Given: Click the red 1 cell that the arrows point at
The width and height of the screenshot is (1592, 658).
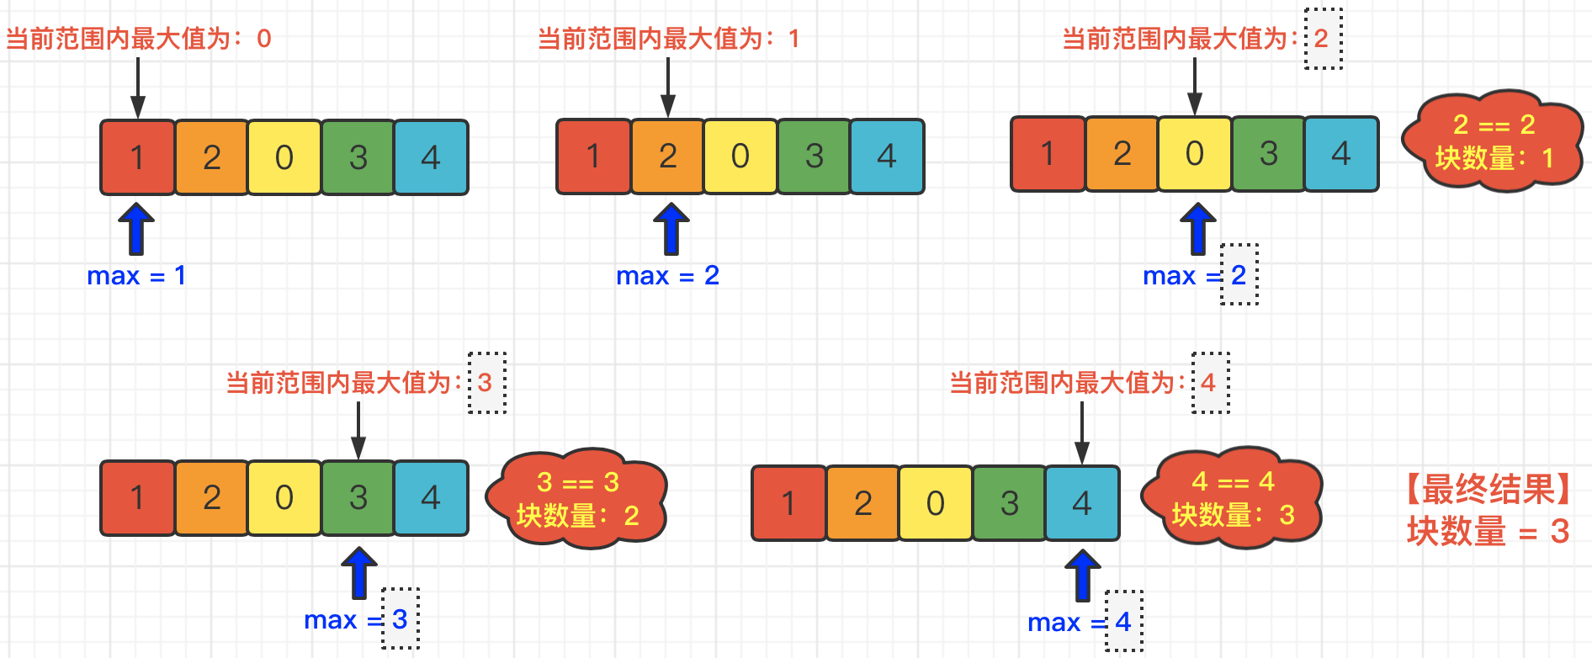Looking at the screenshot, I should [138, 157].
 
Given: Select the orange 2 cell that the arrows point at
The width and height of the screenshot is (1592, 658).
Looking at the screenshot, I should [668, 157].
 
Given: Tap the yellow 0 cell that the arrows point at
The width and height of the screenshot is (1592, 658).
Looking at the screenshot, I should [1195, 154].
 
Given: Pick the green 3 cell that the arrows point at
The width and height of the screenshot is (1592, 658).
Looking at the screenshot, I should [358, 498].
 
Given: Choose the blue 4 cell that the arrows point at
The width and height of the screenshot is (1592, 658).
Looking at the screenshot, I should [1082, 503].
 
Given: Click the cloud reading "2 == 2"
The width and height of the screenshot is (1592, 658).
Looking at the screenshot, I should [1493, 141].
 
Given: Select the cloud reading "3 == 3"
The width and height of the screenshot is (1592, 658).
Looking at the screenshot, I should [577, 498].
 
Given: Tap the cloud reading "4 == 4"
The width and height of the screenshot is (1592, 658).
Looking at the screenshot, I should [1233, 498].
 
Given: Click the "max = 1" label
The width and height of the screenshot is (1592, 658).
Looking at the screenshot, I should [136, 276].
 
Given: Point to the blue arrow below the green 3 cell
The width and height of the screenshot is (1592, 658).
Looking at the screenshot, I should [359, 572].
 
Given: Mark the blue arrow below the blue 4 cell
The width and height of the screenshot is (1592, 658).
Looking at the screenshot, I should [1083, 575].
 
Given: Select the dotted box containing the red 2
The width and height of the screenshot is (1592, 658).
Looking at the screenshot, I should [1323, 39].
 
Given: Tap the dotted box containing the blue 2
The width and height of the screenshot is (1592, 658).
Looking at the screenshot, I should [1239, 274].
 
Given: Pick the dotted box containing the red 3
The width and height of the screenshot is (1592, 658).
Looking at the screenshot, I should [486, 383].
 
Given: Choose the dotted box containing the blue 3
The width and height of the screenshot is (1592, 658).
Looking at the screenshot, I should [401, 619].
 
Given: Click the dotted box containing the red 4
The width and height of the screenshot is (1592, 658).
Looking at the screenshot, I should [1210, 383].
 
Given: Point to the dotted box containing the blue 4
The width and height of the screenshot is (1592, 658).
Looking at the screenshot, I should [1123, 622].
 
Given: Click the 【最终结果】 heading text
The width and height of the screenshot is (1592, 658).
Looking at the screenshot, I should [1488, 490].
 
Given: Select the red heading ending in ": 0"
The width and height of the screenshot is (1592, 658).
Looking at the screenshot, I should [139, 39].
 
